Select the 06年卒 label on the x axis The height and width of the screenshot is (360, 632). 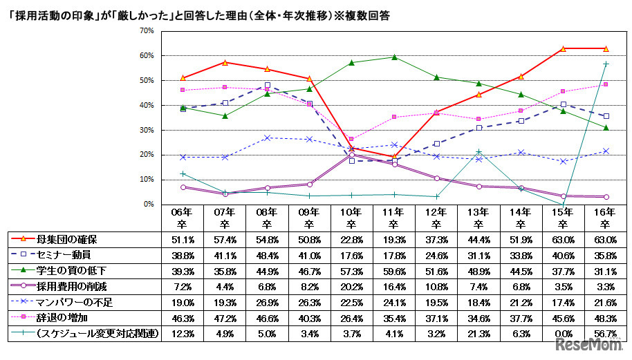tap(182, 218)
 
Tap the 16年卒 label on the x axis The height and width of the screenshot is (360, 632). tap(606, 218)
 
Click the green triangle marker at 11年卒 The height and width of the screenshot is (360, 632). tap(393, 57)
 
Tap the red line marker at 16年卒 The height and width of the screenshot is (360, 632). tap(606, 48)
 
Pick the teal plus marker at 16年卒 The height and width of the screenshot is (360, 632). tap(606, 64)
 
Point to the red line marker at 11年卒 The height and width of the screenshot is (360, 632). tap(393, 156)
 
